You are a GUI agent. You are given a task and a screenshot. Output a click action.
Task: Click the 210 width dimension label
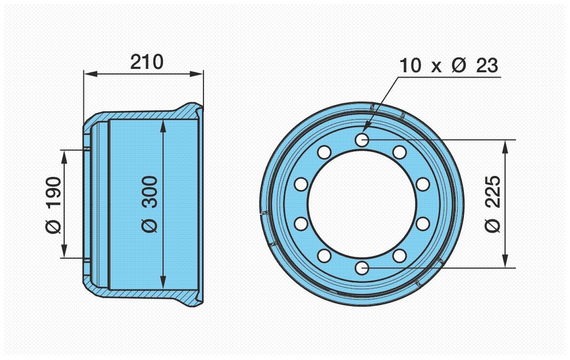[x=147, y=62]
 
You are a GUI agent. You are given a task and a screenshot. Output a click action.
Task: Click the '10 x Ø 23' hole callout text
[x=448, y=66]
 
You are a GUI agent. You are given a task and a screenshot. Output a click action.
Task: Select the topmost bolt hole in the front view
[x=362, y=140]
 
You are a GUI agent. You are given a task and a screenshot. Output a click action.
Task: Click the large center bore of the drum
[x=362, y=204]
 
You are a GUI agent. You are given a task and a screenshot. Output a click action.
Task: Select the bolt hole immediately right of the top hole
[x=399, y=152]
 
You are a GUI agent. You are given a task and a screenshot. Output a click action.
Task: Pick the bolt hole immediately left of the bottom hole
[x=324, y=255]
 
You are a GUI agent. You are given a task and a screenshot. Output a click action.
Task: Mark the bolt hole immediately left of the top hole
[x=324, y=152]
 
